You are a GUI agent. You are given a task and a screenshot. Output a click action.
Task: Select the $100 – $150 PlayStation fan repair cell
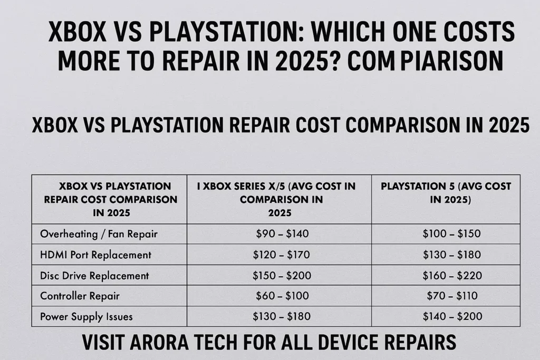[x=451, y=233]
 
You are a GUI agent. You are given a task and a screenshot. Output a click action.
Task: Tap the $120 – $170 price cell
[x=281, y=255]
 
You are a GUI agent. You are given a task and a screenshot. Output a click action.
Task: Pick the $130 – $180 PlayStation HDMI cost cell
[x=451, y=255]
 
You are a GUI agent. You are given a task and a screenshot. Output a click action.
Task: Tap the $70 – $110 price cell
[x=451, y=296]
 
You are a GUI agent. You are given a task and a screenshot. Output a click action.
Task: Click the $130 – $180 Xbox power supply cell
[x=281, y=316]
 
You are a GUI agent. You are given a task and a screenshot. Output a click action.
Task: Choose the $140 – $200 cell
[x=451, y=316]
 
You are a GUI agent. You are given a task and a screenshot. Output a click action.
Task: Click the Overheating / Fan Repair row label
[x=99, y=233]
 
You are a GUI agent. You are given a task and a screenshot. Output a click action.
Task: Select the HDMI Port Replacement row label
[x=95, y=255]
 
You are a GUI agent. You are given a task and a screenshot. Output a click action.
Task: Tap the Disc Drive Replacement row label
[x=94, y=275]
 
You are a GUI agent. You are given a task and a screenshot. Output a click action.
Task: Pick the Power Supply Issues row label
[x=86, y=316]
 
